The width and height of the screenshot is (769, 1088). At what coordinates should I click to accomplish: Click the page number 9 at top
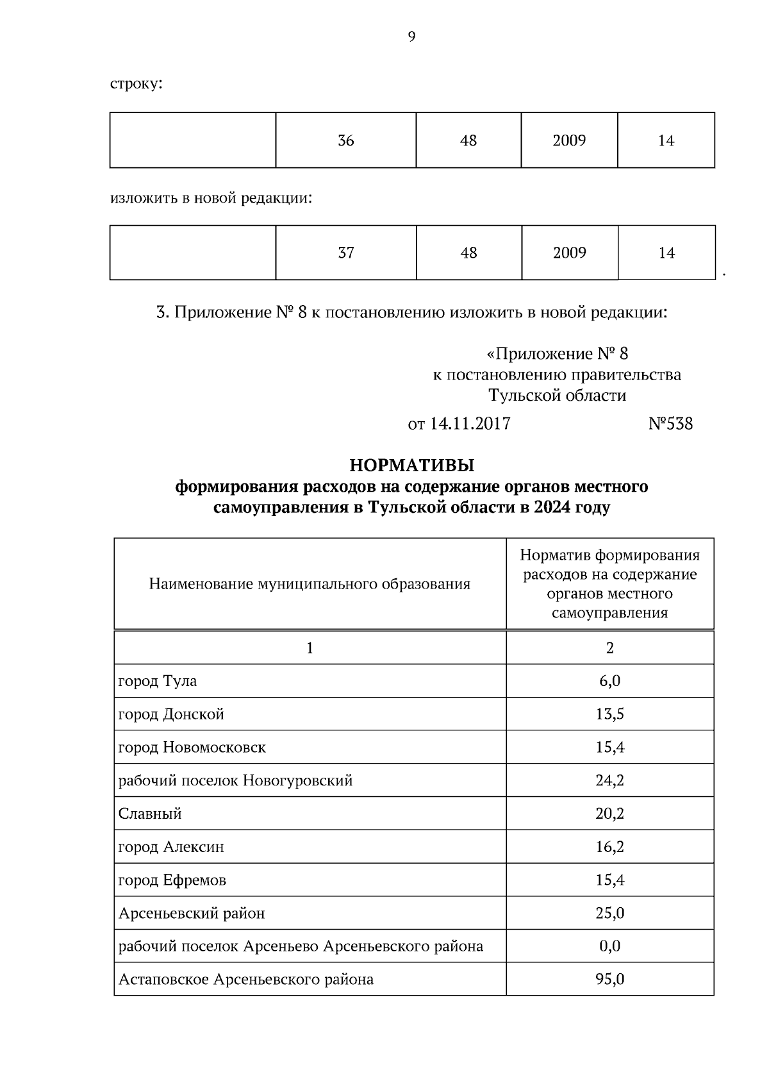(x=411, y=37)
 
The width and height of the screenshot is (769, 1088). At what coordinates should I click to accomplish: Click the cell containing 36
(x=346, y=140)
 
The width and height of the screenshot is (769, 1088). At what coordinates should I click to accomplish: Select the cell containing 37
(x=346, y=253)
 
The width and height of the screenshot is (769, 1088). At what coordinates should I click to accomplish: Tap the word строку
(x=136, y=84)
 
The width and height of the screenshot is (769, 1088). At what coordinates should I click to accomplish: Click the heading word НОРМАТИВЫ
(x=411, y=464)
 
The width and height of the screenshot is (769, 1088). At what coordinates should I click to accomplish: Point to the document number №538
(x=670, y=424)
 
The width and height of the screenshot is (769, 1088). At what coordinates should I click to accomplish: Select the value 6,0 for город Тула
(x=609, y=681)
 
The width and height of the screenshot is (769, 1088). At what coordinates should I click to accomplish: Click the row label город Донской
(x=171, y=714)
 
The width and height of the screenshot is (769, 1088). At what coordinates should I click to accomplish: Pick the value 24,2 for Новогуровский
(x=609, y=780)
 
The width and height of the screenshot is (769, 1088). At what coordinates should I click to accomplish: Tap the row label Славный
(x=150, y=814)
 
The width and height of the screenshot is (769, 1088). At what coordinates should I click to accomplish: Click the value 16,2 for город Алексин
(x=609, y=847)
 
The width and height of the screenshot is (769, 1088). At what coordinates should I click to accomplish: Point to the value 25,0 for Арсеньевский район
(x=609, y=913)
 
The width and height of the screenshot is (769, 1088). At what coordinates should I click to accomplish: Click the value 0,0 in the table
(x=609, y=946)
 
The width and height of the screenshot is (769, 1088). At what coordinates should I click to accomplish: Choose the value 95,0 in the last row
(x=609, y=980)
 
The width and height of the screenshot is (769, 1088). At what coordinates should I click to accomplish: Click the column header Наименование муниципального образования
(x=310, y=584)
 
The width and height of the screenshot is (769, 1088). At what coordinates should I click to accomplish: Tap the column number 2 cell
(x=609, y=648)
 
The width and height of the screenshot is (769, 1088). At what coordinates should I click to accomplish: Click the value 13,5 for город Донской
(x=609, y=714)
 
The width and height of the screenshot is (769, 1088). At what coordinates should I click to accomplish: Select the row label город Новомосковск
(x=192, y=748)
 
